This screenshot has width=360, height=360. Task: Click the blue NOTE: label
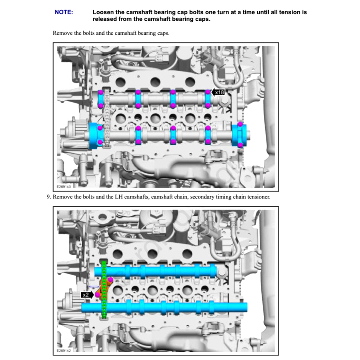pyautogui.click(x=64, y=12)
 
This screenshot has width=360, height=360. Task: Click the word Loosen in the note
pyautogui.click(x=103, y=12)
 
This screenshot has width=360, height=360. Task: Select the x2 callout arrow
pyautogui.click(x=87, y=294)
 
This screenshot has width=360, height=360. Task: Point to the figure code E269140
pyautogui.click(x=63, y=186)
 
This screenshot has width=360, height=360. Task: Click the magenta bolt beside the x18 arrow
pyautogui.click(x=208, y=92)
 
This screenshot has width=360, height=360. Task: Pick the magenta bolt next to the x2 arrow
pyautogui.click(x=97, y=294)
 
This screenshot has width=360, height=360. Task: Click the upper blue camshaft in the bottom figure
pyautogui.click(x=158, y=271)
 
